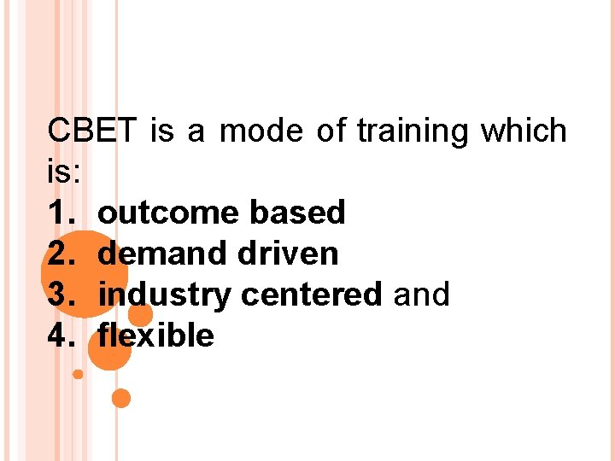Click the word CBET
click(91, 131)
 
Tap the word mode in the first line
click(261, 131)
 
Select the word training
click(413, 131)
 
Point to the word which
click(524, 131)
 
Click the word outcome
click(169, 212)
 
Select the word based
click(296, 212)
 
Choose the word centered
click(312, 295)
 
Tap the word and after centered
click(421, 295)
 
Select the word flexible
click(156, 336)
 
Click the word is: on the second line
click(65, 172)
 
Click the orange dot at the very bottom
click(121, 398)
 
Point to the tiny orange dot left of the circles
click(78, 374)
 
